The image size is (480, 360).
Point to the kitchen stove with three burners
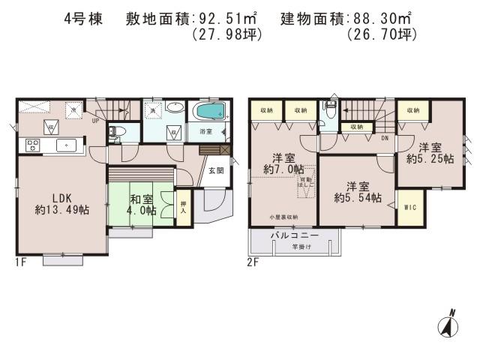[34, 144]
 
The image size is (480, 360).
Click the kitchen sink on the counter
[67, 145]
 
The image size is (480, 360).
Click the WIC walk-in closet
[410, 207]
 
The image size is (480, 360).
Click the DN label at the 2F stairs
[385, 138]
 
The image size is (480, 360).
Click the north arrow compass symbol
[445, 325]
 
